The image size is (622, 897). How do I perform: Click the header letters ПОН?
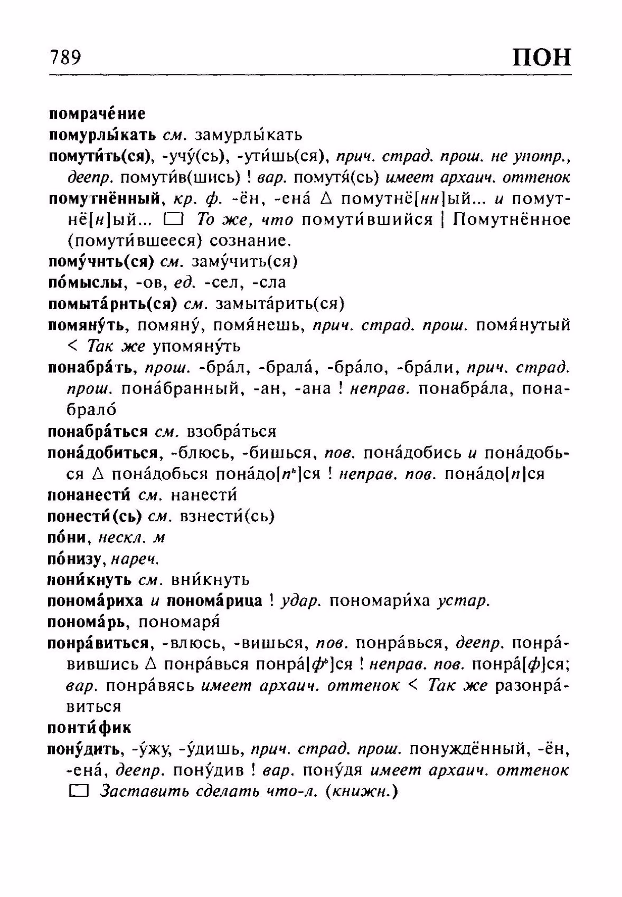[542, 56]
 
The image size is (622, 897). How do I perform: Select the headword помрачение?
[97, 113]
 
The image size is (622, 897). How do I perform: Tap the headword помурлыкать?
[102, 135]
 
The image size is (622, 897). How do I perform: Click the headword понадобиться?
[103, 453]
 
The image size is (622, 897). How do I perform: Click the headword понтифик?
[89, 728]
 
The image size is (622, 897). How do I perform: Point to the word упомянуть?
[196, 346]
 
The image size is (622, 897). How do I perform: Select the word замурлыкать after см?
[248, 135]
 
